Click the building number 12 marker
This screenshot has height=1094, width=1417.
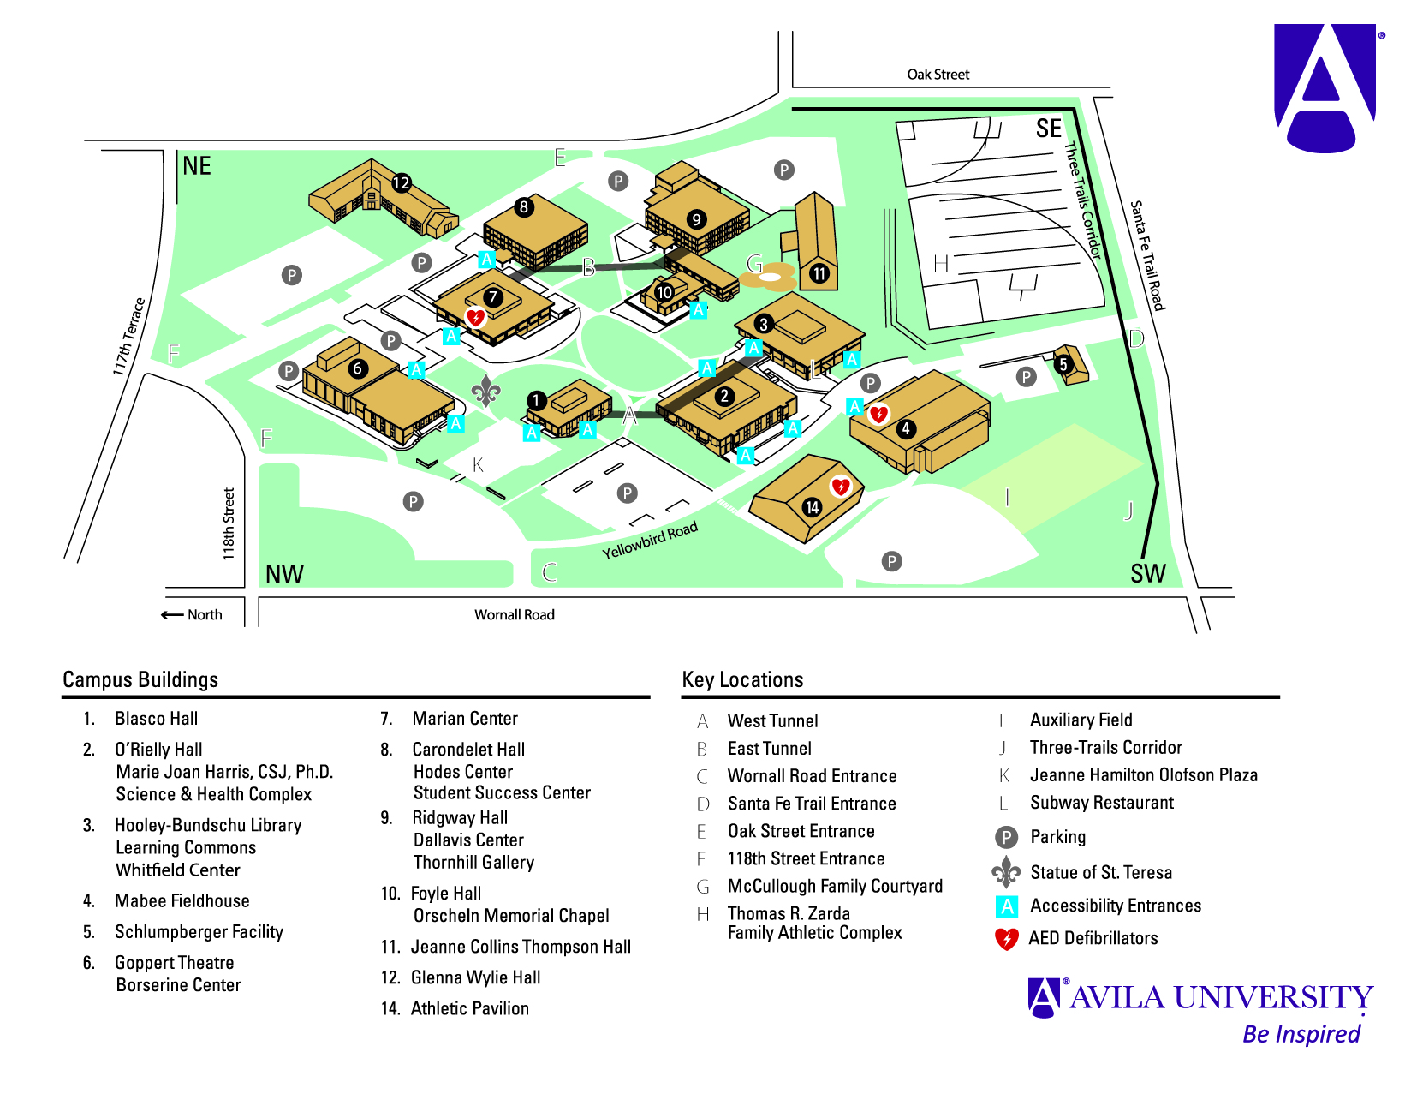402,182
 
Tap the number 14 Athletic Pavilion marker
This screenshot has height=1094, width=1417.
812,507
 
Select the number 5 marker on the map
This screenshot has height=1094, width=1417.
1063,364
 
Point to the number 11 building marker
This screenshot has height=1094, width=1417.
819,273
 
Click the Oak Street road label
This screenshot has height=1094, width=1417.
938,75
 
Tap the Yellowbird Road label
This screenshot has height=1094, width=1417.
649,541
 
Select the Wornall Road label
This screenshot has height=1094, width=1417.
515,615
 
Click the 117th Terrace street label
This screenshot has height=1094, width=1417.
129,337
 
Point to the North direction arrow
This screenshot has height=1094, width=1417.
172,615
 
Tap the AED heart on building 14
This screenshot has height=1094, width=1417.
841,487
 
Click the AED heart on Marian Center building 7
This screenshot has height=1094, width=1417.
475,318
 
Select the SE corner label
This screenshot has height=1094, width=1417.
1048,129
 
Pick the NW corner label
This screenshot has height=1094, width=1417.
284,574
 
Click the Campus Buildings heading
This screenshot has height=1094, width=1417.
140,680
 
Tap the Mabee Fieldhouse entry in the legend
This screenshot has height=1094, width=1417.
182,901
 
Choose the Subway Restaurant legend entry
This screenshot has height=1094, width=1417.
1101,803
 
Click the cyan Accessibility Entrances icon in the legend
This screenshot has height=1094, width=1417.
1007,906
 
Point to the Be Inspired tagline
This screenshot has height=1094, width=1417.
1301,1034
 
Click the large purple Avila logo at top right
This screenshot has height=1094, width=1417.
1324,87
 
